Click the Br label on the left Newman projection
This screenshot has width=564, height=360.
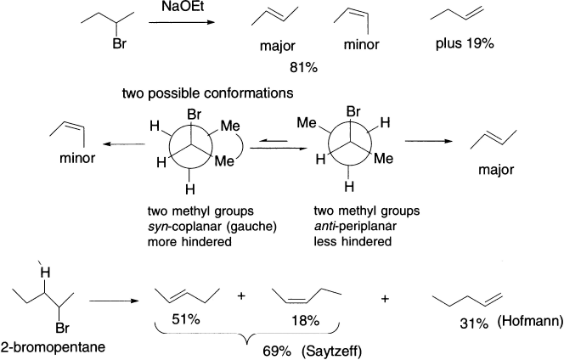tap(195, 112)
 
